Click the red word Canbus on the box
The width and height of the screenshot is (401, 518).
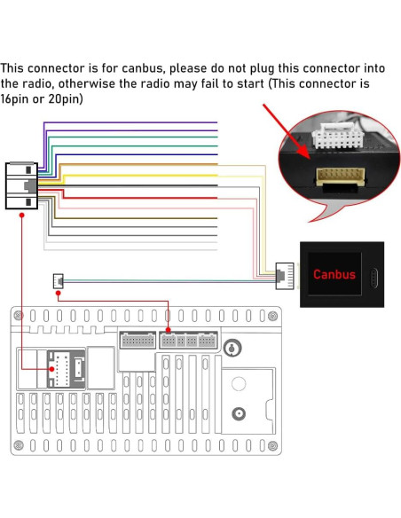(334, 274)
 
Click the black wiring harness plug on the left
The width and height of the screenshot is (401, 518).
(21, 185)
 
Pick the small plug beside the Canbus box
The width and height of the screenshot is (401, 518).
(285, 274)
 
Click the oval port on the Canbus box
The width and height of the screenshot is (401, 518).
(373, 275)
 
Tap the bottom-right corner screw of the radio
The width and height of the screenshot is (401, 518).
(275, 445)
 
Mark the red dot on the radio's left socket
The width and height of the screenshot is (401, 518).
(51, 366)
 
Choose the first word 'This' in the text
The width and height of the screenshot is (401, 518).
(15, 67)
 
